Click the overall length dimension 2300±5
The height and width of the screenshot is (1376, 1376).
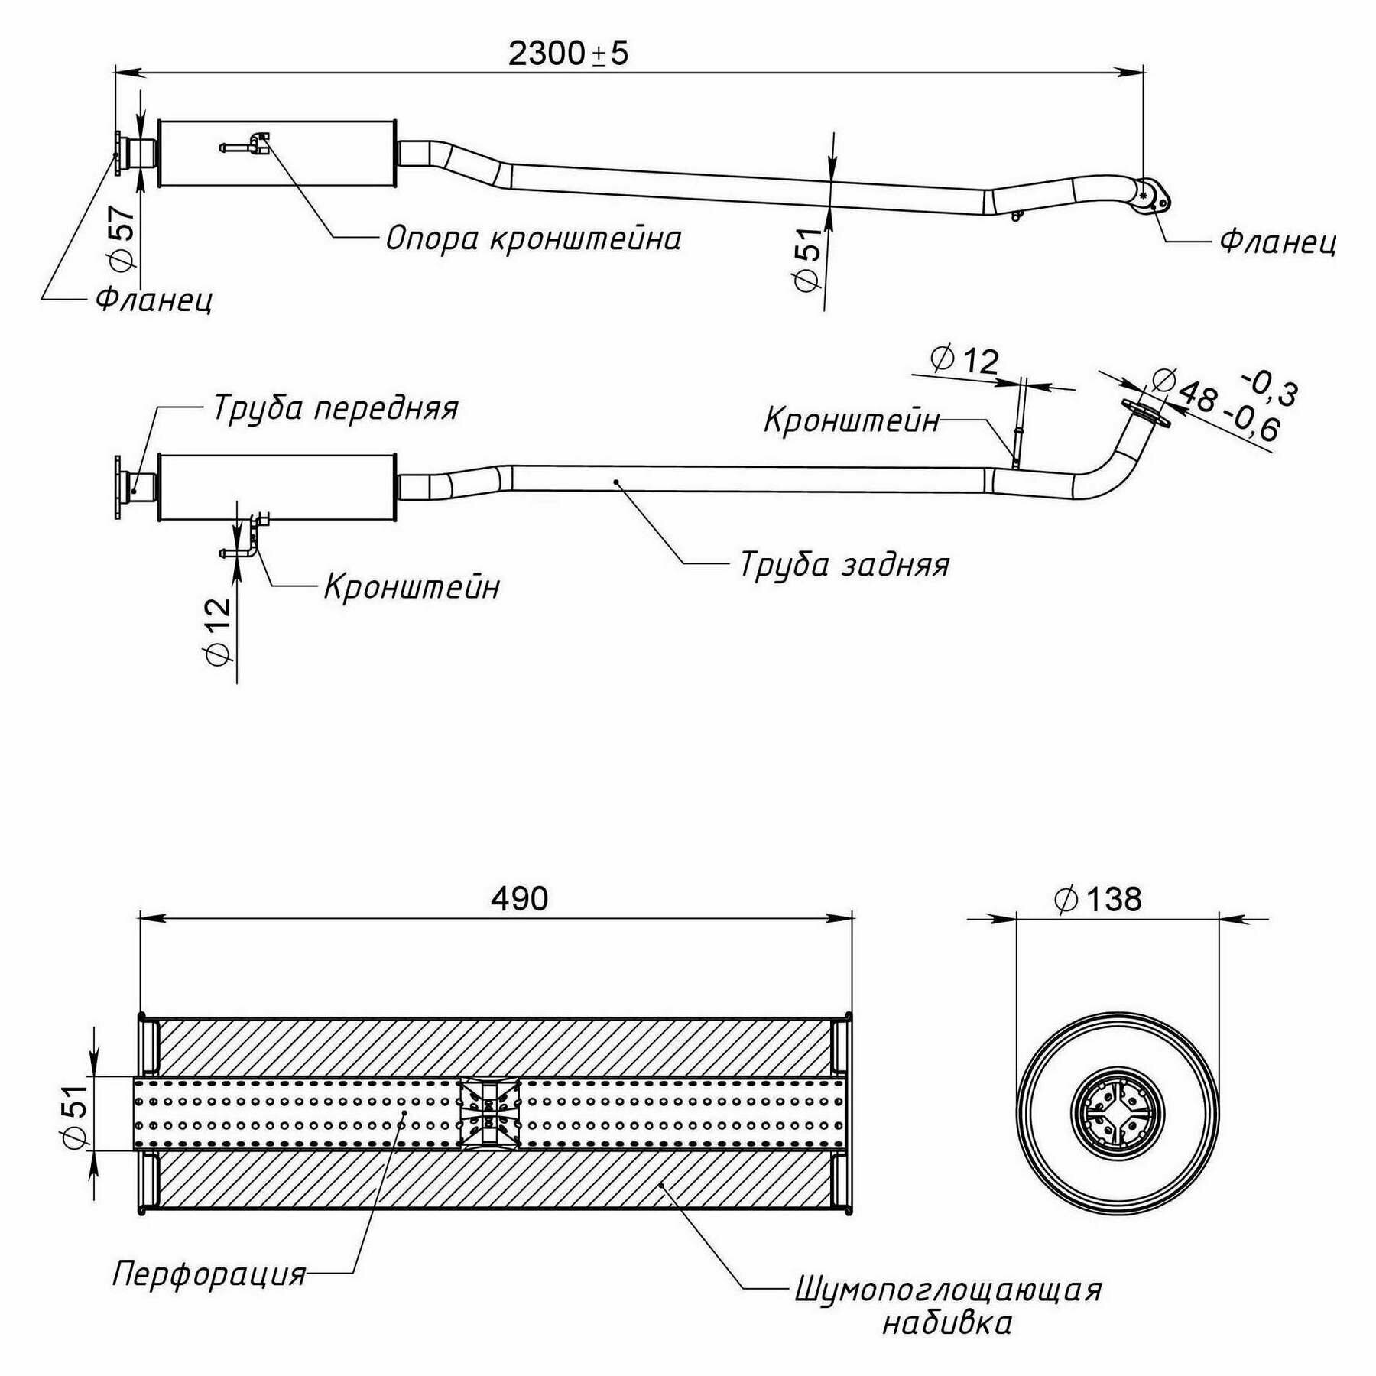[x=567, y=54]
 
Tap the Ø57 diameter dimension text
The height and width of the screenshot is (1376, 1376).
[x=122, y=238]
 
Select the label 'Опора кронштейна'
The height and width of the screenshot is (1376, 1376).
[x=533, y=239]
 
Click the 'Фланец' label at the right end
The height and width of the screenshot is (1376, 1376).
[x=1277, y=241]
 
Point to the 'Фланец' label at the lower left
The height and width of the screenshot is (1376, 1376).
[x=154, y=300]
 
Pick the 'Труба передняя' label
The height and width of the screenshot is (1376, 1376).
[x=336, y=407]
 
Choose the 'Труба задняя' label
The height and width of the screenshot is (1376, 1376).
[x=844, y=565]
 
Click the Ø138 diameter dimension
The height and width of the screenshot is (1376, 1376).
[x=1098, y=900]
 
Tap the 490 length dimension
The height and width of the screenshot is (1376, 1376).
[x=519, y=899]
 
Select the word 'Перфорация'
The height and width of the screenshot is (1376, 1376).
[x=209, y=1274]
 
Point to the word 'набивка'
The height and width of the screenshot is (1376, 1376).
[x=947, y=1323]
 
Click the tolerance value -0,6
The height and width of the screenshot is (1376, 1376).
[x=1251, y=425]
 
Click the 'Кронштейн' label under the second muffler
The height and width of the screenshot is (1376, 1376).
[x=411, y=587]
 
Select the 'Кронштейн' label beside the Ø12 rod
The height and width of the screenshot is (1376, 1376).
[x=852, y=420]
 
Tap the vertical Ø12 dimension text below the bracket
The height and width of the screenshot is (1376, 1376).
[x=219, y=631]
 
